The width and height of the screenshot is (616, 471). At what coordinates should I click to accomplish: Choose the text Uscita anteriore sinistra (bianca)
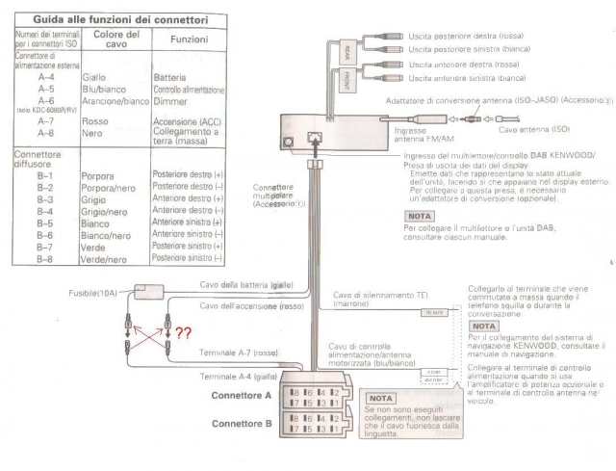click(467, 77)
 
